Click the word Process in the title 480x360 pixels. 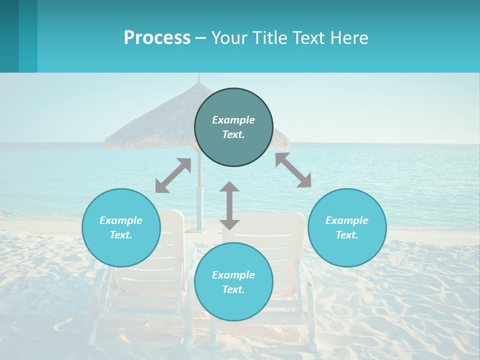[x=157, y=38]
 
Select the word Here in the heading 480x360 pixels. [x=348, y=38]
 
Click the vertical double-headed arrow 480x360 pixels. [x=229, y=205]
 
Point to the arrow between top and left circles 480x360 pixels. [x=173, y=175]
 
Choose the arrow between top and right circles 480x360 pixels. [x=293, y=170]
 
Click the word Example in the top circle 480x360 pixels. [x=233, y=120]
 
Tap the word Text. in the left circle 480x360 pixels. [x=121, y=235]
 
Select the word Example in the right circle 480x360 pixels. [x=347, y=220]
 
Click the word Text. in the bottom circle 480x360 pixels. [x=233, y=289]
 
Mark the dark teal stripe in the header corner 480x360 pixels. [x=9, y=36]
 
